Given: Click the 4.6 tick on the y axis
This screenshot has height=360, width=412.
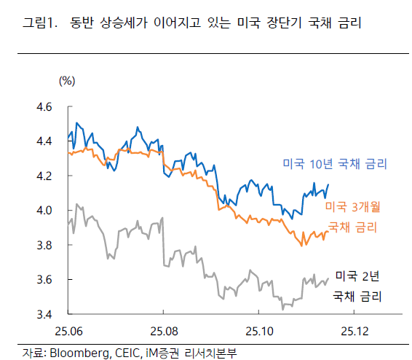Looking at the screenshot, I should pos(44,107).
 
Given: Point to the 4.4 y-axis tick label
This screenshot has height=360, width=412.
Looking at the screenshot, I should pos(44,141).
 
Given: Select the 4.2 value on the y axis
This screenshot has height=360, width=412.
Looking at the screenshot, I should pos(44,176).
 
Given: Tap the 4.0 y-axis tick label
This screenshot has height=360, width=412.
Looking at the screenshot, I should pos(44,211).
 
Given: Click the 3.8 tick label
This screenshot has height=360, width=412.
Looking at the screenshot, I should pos(44,246).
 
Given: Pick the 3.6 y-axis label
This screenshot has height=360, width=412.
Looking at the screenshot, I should pos(44,280).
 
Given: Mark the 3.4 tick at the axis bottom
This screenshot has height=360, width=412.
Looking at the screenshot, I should pos(44,315).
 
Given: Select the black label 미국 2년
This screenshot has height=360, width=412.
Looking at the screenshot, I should pos(357,275).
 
